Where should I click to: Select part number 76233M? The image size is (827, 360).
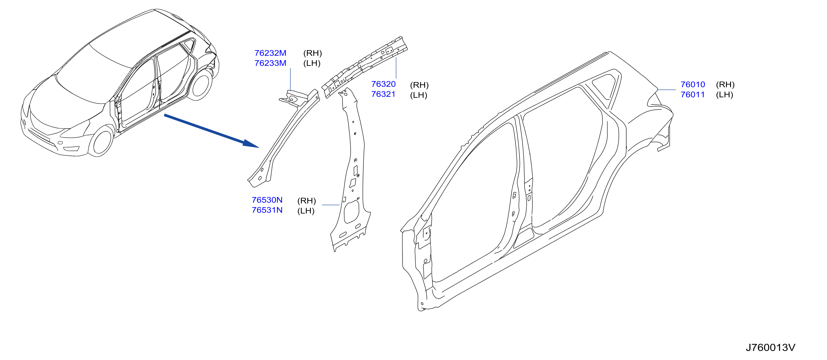coord(270,63)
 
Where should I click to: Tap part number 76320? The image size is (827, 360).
coord(383,84)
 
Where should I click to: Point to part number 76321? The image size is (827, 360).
coord(383,94)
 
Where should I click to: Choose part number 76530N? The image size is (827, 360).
coord(267,200)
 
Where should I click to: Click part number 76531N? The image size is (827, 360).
coord(267,210)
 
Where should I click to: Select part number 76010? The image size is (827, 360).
coord(693,84)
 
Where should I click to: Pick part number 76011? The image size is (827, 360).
coord(693,95)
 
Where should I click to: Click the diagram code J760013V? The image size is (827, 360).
coord(770,347)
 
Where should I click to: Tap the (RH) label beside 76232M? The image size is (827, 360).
coord(312,53)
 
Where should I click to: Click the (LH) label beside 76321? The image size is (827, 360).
coord(419,95)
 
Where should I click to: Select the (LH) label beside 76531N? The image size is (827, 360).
coord(306,211)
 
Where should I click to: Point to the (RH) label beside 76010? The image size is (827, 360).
coord(725,85)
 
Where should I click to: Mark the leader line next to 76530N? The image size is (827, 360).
coord(331,205)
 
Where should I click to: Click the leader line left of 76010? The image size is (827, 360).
coord(667,90)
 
